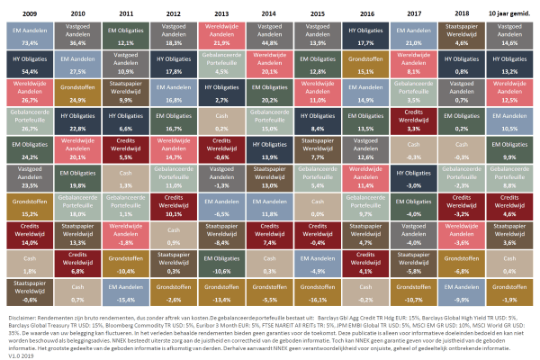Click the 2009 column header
[x=29, y=13]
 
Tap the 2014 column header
[x=268, y=13]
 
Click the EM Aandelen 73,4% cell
[x=29, y=35]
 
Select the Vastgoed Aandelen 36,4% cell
[x=77, y=35]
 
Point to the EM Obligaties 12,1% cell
[x=125, y=35]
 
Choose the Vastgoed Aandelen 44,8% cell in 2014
[x=268, y=35]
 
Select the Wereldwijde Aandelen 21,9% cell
[x=220, y=35]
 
